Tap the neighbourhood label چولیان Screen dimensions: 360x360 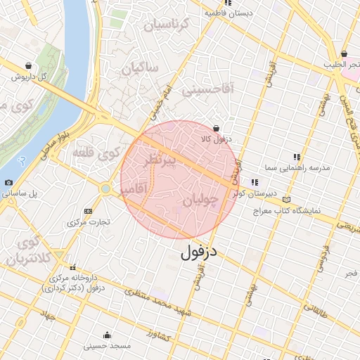207,200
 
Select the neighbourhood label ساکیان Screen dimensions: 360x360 141,68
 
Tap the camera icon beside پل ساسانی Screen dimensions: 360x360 8,183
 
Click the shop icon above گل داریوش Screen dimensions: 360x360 28,65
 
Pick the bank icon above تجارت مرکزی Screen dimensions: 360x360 88,211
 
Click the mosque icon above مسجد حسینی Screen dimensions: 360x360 107,335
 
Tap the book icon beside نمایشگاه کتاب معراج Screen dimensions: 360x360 285,199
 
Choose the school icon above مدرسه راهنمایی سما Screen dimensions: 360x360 297,157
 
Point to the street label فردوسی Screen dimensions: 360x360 323,257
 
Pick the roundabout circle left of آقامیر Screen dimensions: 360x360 105,188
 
